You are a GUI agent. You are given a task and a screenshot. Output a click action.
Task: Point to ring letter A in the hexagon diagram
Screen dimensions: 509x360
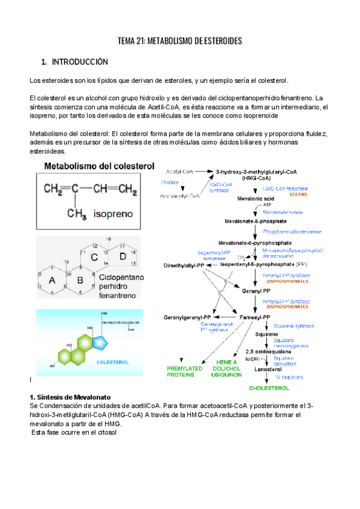pos(52,280)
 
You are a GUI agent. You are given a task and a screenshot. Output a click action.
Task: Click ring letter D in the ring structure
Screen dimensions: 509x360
pos(122,257)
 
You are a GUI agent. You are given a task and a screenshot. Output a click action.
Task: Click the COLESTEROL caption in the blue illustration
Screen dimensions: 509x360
pos(113,363)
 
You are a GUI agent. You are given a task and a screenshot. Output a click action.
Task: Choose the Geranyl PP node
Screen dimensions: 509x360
pos(256,291)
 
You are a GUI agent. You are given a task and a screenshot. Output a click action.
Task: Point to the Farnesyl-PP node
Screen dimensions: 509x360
pos(256,317)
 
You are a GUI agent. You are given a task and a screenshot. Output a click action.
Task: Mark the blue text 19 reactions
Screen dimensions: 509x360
pos(289,377)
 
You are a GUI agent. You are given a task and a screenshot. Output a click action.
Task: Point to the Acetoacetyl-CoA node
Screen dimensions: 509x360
pos(179,196)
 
